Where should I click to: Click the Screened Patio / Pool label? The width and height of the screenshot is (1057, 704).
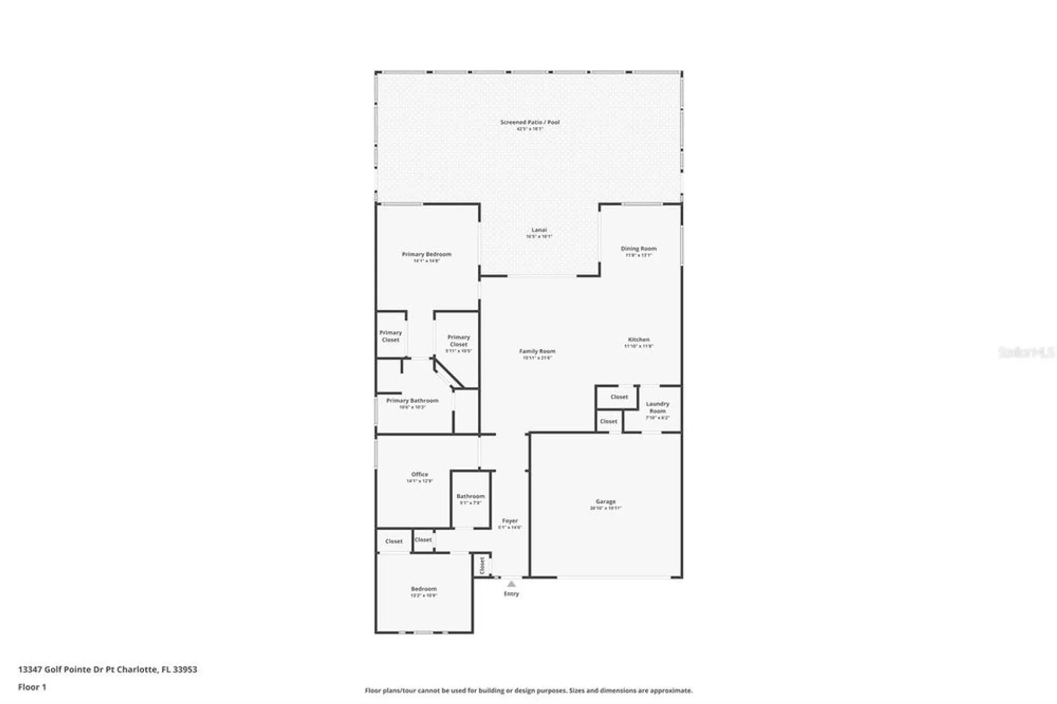530,122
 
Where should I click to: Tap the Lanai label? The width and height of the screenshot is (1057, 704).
539,230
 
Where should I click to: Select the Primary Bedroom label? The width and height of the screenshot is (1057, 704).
426,254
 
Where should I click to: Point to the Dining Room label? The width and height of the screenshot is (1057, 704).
638,248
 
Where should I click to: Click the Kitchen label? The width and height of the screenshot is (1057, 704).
638,339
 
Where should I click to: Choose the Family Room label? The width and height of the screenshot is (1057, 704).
537,351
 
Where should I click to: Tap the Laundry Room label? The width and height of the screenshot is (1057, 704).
657,407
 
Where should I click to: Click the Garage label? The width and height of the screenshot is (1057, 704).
606,501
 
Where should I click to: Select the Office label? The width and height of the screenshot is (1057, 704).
420,474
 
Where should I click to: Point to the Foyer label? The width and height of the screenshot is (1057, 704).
510,521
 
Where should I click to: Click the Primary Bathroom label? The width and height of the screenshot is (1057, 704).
412,401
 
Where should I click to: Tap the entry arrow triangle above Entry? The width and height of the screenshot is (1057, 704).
511,584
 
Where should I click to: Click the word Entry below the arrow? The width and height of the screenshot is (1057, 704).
511,594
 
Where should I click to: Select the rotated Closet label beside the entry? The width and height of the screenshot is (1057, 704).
482,566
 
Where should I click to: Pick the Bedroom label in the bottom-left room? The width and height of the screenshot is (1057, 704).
424,589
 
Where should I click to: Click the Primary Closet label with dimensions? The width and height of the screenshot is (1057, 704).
458,340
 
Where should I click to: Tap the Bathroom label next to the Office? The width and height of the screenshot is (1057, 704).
470,496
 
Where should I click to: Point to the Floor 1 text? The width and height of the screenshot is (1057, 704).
32,687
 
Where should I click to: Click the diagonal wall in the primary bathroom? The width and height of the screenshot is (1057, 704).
448,373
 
